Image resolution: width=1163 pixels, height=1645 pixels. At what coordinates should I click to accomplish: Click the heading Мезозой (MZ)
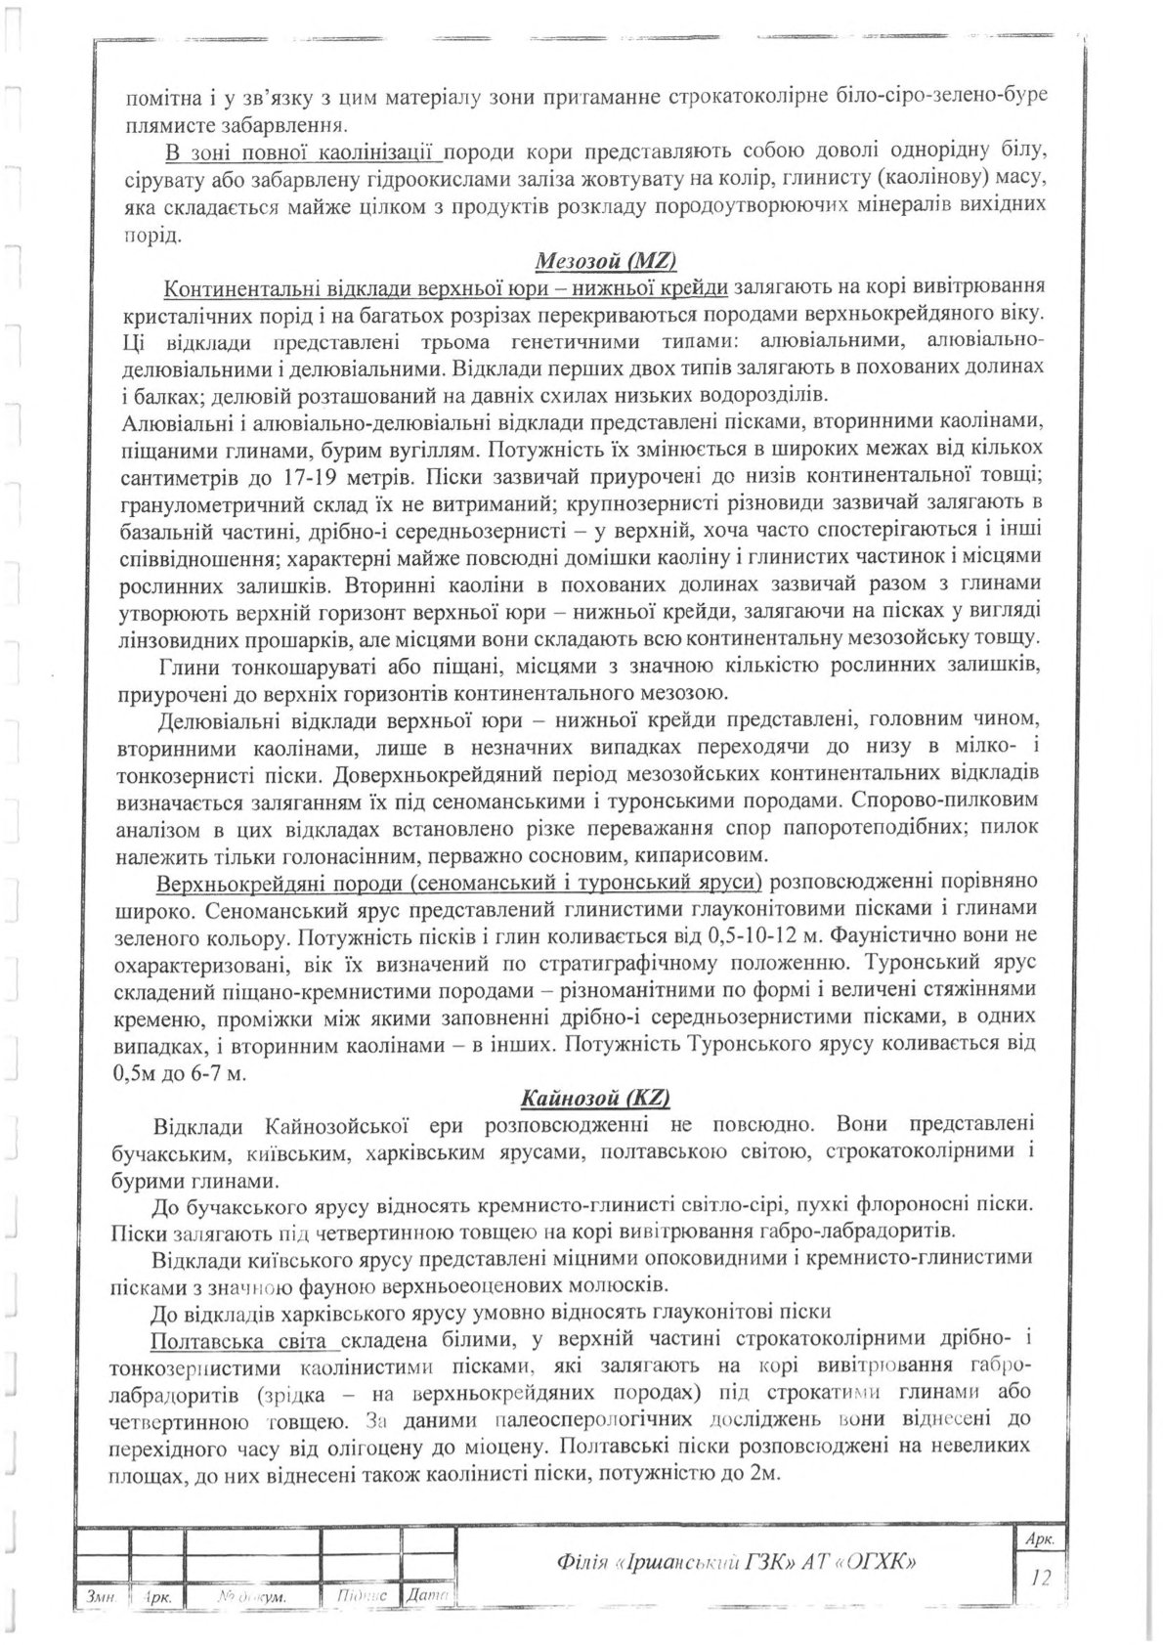click(x=606, y=261)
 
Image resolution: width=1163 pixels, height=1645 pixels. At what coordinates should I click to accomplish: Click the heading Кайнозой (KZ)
click(x=595, y=1098)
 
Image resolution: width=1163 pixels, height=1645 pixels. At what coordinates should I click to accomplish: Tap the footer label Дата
click(x=428, y=1595)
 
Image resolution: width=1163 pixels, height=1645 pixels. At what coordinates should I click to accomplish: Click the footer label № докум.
click(x=246, y=1595)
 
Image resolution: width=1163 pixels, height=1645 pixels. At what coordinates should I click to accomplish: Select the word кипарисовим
click(x=697, y=855)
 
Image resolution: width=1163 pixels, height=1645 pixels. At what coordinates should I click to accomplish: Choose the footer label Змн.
click(x=102, y=1595)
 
